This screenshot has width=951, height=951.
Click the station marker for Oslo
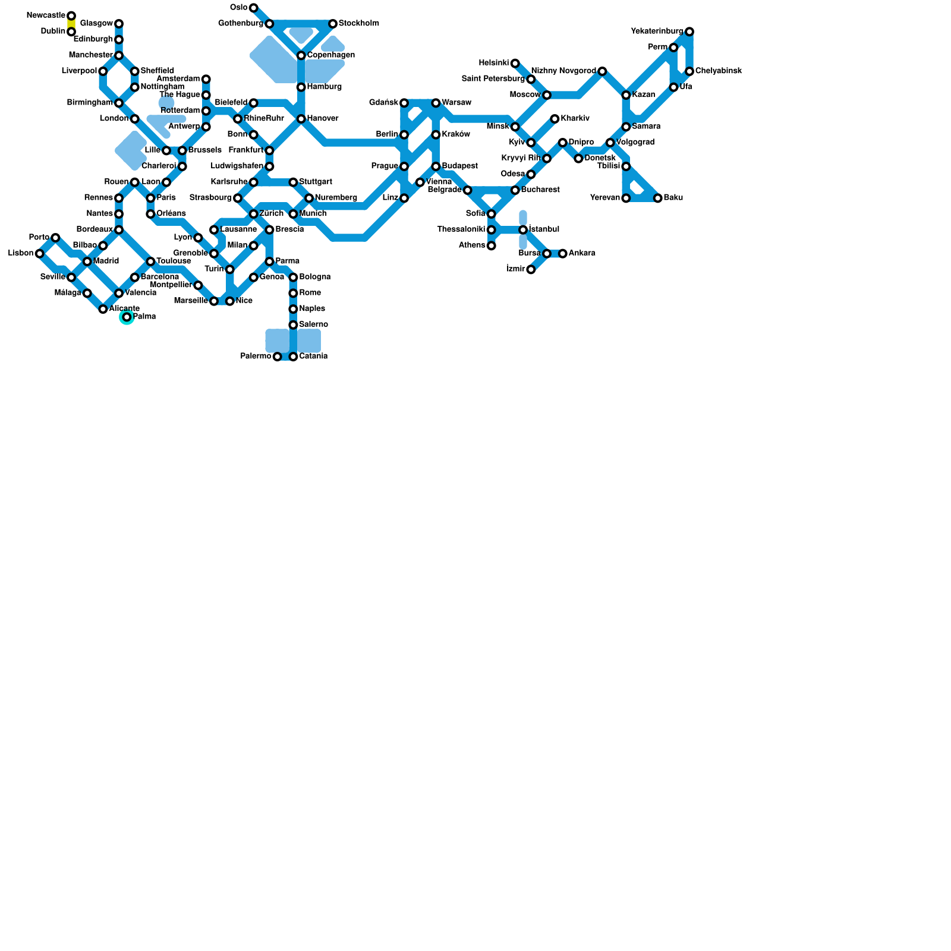[254, 8]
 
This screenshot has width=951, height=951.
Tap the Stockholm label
[358, 24]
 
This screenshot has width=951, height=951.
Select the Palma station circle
[127, 317]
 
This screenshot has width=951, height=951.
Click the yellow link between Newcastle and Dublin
[71, 24]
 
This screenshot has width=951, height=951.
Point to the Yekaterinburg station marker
[689, 32]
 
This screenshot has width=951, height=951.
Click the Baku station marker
[657, 198]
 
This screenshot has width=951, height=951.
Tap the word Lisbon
[21, 254]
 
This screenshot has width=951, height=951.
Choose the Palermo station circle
[277, 357]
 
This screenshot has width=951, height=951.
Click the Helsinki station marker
[515, 64]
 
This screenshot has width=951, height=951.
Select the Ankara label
[582, 254]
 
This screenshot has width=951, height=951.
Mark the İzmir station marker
[531, 270]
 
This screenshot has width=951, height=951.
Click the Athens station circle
[491, 245]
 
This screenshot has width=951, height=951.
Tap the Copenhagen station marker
[301, 56]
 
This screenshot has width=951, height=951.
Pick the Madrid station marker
[87, 262]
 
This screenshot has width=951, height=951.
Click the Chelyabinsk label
[718, 71]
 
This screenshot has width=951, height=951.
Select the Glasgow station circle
[119, 24]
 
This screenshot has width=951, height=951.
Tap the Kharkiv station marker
[555, 119]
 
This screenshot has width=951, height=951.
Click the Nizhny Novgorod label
[563, 71]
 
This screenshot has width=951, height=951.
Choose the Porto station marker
[55, 238]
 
